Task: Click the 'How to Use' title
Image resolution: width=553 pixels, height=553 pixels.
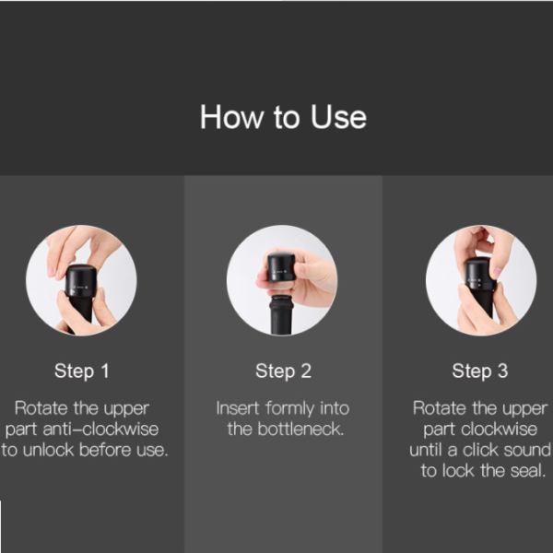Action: [x=283, y=117]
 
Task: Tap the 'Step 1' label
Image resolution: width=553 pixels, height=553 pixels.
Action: [x=82, y=371]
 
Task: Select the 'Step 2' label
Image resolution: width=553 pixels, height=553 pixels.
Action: [x=284, y=371]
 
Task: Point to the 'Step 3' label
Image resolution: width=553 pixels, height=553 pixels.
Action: [x=480, y=371]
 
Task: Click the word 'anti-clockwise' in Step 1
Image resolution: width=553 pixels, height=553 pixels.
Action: [x=100, y=429]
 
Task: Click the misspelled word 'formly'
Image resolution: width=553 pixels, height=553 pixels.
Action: [x=290, y=409]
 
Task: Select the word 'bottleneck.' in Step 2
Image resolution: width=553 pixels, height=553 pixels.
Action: [x=300, y=429]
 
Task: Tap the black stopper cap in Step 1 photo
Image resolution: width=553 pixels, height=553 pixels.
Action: [x=81, y=281]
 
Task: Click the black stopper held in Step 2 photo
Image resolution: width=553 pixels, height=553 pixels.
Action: [x=281, y=267]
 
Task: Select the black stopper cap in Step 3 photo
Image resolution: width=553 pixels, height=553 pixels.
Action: [x=479, y=273]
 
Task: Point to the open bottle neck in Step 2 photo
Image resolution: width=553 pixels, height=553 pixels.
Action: [x=281, y=315]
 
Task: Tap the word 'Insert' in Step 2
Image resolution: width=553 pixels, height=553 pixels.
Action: [x=238, y=408]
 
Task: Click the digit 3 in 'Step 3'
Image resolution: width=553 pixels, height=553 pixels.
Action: [x=503, y=371]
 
